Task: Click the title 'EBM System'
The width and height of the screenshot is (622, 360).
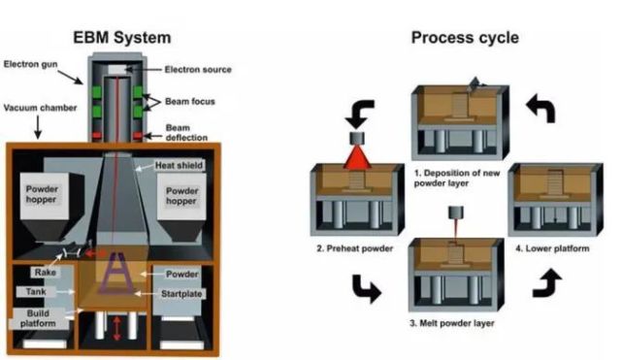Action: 122,38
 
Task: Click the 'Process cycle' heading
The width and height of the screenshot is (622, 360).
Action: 465,38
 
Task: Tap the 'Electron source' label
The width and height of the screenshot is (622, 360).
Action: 198,70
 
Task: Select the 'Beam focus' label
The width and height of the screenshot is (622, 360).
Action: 190,102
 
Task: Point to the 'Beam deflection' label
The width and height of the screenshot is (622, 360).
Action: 186,133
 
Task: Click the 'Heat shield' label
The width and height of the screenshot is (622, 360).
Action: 179,165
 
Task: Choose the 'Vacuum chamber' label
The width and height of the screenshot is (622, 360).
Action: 40,108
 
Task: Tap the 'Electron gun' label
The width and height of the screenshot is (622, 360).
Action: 30,64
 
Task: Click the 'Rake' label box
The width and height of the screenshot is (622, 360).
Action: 46,273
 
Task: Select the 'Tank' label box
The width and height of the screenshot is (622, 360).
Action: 36,292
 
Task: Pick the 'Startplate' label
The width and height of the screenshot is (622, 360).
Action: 181,294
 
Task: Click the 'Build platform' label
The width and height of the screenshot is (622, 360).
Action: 38,318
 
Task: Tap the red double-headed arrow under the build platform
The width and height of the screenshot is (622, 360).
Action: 116,328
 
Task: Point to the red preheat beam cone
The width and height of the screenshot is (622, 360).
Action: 357,157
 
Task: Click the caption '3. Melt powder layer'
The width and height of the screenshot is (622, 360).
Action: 452,323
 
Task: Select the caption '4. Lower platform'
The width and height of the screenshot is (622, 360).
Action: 552,248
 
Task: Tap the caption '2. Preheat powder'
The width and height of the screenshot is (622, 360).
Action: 354,248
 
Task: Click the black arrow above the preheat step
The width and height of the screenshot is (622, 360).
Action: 359,114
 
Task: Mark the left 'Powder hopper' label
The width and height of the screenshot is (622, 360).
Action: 42,194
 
